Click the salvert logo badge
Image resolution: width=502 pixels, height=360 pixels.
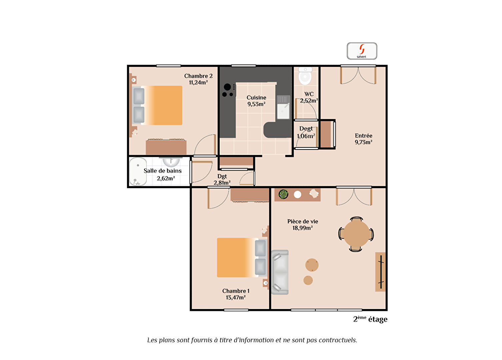362,51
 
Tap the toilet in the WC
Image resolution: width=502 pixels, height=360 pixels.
305,76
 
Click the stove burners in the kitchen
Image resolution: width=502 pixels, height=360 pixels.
228,90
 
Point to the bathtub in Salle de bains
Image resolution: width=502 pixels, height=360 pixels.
138,171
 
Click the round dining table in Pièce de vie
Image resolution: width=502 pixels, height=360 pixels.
356,234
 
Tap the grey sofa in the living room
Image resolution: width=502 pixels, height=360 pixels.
280,272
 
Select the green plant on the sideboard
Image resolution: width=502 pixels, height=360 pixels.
283,194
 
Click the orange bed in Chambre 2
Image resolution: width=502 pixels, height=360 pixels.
158,105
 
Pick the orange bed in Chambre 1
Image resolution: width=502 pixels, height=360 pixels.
242,258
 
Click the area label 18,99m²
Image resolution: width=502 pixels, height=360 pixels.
303,228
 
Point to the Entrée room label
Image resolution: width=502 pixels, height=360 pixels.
364,136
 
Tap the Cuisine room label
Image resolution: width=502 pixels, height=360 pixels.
256,97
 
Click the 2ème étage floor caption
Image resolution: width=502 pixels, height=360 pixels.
370,319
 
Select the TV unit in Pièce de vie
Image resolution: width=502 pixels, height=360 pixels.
380,272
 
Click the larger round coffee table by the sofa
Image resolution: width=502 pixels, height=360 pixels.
312,265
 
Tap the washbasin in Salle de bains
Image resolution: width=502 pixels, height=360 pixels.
171,162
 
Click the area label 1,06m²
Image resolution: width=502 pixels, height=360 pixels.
306,136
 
